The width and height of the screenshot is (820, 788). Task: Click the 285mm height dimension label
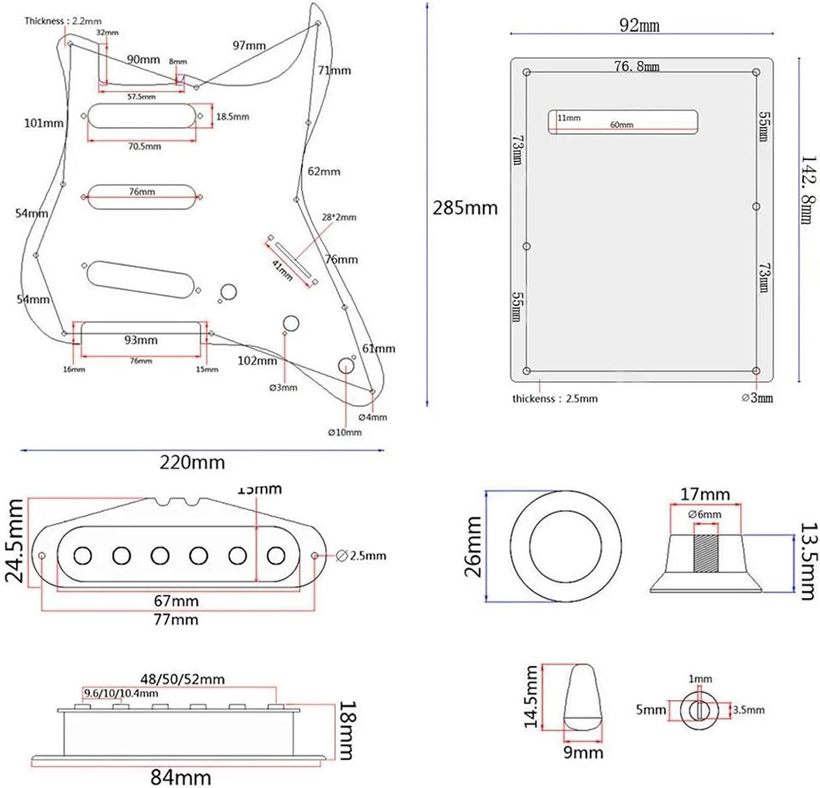pyautogui.click(x=465, y=208)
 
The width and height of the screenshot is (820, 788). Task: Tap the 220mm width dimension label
pyautogui.click(x=192, y=463)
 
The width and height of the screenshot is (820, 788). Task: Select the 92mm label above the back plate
pyautogui.click(x=639, y=25)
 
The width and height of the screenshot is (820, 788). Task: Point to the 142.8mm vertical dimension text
pyautogui.click(x=809, y=190)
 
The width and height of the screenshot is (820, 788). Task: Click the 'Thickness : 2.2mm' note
pyautogui.click(x=63, y=21)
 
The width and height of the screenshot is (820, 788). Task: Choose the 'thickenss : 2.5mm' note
pyautogui.click(x=554, y=399)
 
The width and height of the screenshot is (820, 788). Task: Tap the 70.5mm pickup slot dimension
pyautogui.click(x=144, y=147)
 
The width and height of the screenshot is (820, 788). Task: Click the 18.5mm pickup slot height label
pyautogui.click(x=232, y=116)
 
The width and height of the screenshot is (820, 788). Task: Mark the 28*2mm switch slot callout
pyautogui.click(x=339, y=217)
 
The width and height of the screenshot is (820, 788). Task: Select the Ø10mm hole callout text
pyautogui.click(x=344, y=432)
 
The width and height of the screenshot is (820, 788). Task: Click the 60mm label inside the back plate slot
pyautogui.click(x=622, y=125)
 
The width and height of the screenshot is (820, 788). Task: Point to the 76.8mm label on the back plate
pyautogui.click(x=636, y=67)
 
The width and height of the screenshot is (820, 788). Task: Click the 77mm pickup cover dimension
pyautogui.click(x=175, y=620)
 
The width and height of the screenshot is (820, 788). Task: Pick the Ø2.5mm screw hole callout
pyautogui.click(x=361, y=556)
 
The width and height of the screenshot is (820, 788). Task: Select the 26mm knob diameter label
pyautogui.click(x=473, y=546)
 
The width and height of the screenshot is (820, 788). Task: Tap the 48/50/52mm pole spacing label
pyautogui.click(x=182, y=679)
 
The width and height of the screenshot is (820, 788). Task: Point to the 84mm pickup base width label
pyautogui.click(x=180, y=777)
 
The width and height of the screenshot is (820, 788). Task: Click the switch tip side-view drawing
pyautogui.click(x=584, y=697)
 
